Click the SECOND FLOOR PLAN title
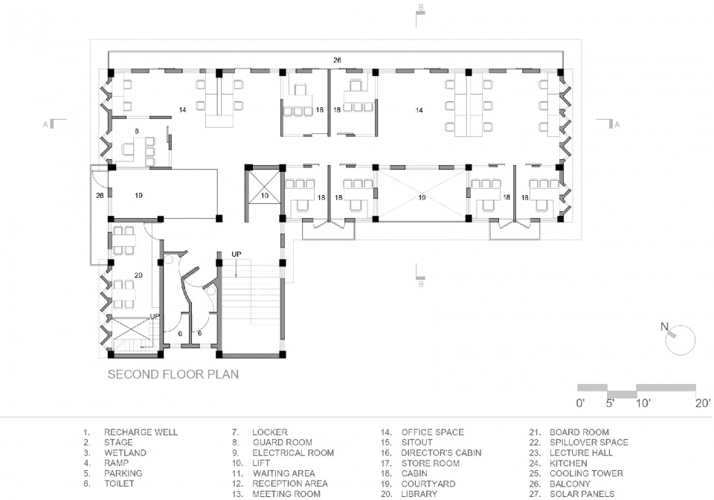pyautogui.click(x=173, y=374)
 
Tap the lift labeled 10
pyautogui.click(x=265, y=192)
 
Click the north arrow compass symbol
pyautogui.click(x=679, y=339)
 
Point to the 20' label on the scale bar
pyautogui.click(x=702, y=403)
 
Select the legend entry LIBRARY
pyautogui.click(x=419, y=494)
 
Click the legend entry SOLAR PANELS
pyautogui.click(x=582, y=494)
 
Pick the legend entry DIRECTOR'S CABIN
pyautogui.click(x=441, y=453)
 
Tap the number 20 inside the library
pyautogui.click(x=138, y=275)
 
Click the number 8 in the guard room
pyautogui.click(x=137, y=131)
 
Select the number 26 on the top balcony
pyautogui.click(x=337, y=60)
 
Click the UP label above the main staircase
pyautogui.click(x=237, y=254)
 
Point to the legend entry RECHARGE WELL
pyautogui.click(x=141, y=432)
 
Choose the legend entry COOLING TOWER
pyautogui.click(x=586, y=474)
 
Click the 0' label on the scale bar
pyautogui.click(x=581, y=403)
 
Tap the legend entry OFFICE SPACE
pyautogui.click(x=433, y=432)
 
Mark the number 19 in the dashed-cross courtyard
pyautogui.click(x=422, y=198)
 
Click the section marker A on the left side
pyautogui.click(x=45, y=124)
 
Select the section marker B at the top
pyautogui.click(x=421, y=7)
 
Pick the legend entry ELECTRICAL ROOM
pyautogui.click(x=293, y=453)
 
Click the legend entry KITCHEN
pyautogui.click(x=568, y=463)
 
